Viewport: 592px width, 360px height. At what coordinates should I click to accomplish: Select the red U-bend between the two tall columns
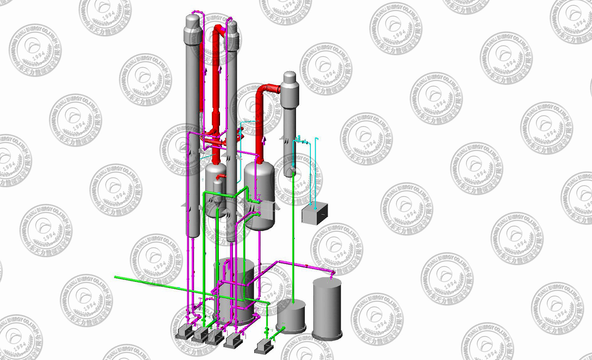tap(218, 29)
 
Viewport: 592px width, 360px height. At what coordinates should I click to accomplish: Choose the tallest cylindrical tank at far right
tap(327, 308)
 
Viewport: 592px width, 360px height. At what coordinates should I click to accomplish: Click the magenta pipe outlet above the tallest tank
tap(332, 274)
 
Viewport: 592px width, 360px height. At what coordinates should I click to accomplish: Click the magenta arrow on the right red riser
tap(264, 140)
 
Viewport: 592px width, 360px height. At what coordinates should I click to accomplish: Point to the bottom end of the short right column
tap(290, 174)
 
